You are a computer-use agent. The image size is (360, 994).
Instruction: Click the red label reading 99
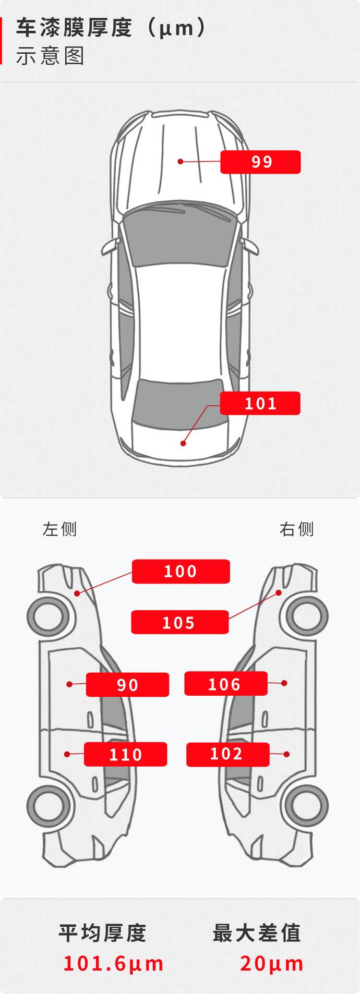pos(260,162)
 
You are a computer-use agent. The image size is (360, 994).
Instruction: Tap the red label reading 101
pos(260,403)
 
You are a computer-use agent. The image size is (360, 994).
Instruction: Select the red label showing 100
pos(181,571)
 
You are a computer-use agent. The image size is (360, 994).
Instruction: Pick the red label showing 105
pos(179,622)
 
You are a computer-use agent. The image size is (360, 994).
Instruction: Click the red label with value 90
pos(127,684)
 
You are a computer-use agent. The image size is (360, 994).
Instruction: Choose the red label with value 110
pos(125,754)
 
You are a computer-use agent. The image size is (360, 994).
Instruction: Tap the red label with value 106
pos(226,683)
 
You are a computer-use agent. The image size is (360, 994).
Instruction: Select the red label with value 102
pos(227,754)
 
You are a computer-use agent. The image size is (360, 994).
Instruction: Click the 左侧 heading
pos(59,529)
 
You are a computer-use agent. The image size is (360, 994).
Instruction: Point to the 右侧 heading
pos(296,529)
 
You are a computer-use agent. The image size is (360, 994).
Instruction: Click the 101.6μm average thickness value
pos(113,963)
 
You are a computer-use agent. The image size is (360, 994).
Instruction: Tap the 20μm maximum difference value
pos(272,963)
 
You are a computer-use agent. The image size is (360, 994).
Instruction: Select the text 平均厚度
pos(102,933)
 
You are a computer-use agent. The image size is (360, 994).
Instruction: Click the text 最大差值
pos(257,933)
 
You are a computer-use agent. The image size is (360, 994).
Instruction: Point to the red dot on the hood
pos(180,162)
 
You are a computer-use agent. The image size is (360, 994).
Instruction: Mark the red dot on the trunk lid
pos(183,443)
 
